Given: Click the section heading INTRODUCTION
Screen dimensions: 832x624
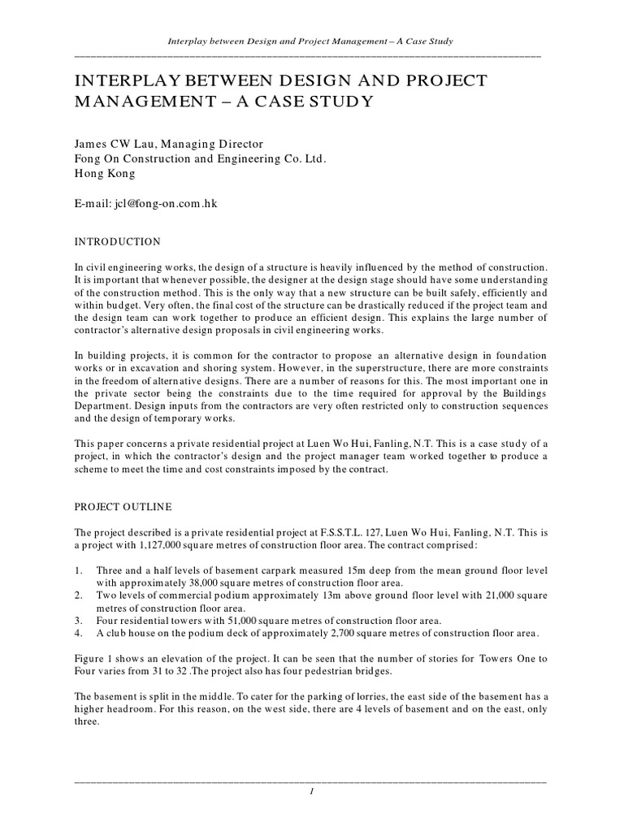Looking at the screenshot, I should click(x=117, y=241).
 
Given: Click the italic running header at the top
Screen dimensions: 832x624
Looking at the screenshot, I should click(x=309, y=41).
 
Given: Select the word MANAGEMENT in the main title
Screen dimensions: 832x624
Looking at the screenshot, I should click(x=143, y=102).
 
